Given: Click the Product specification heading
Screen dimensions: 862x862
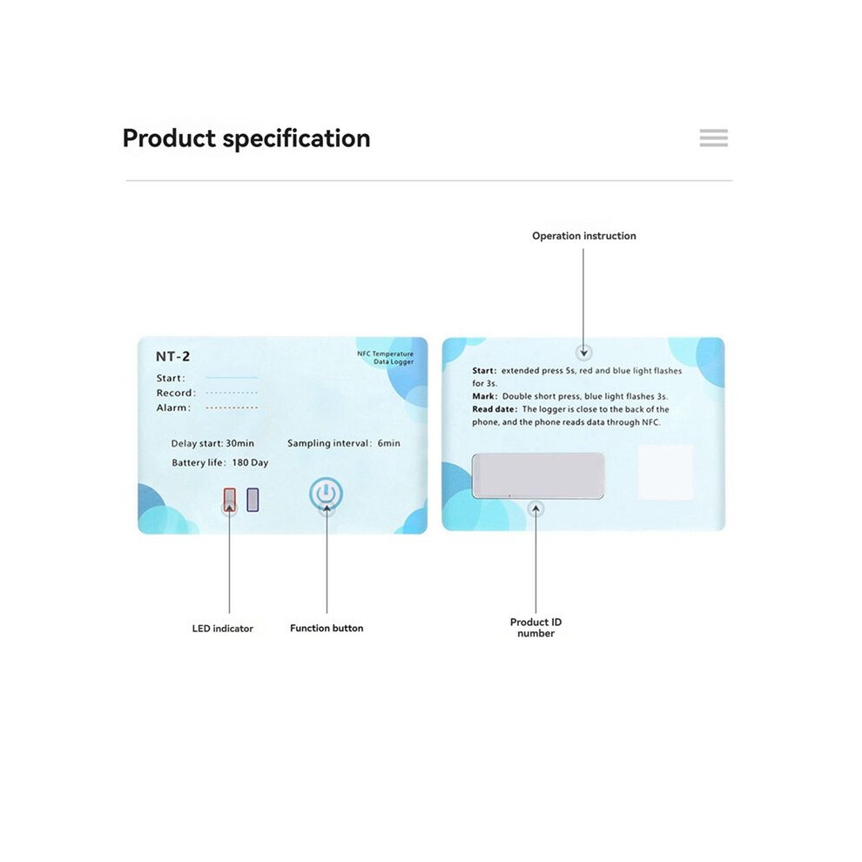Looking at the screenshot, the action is click(246, 138).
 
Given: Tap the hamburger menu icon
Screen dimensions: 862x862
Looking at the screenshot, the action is click(714, 138).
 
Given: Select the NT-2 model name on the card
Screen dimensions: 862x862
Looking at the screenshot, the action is click(172, 356).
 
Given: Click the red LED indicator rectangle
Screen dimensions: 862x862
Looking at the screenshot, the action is click(230, 500).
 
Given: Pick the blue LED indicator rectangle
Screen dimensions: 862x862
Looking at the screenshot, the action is click(253, 500).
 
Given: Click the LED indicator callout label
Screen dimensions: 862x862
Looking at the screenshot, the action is click(223, 629).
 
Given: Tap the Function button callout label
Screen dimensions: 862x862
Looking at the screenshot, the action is click(327, 628).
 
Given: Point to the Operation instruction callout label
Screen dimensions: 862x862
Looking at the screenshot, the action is click(584, 236).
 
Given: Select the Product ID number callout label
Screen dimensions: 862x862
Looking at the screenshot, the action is click(536, 627).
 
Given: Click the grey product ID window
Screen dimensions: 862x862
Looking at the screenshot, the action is click(537, 476).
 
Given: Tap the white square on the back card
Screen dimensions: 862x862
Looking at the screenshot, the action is click(665, 472).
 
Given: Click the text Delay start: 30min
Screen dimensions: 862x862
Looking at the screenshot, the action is click(212, 443).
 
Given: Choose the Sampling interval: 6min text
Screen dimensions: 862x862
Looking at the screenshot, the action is click(344, 443).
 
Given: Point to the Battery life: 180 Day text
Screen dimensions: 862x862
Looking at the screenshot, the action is click(220, 463).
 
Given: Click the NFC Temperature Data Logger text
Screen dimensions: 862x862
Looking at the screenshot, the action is click(386, 357).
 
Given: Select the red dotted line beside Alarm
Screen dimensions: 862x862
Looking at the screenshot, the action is click(232, 407).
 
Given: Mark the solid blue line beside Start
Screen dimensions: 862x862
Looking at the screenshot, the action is click(232, 378).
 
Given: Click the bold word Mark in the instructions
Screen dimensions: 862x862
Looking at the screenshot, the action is click(484, 396).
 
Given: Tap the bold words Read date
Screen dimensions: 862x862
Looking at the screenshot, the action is click(495, 409).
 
